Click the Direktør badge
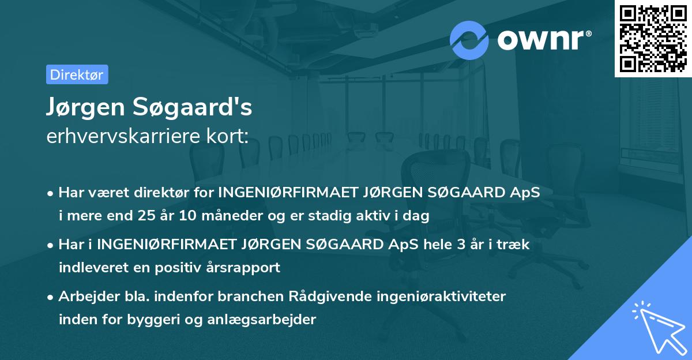pyautogui.click(x=77, y=74)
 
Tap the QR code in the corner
pyautogui.click(x=653, y=38)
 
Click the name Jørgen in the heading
pyautogui.click(x=85, y=107)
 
